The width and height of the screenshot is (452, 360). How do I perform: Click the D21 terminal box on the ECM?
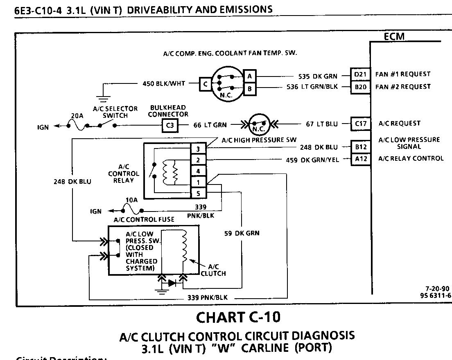(x=360, y=74)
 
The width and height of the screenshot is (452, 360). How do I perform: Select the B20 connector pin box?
(x=360, y=87)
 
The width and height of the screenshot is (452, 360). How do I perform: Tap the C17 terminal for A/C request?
(x=360, y=124)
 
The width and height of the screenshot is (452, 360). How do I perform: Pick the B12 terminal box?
(x=360, y=147)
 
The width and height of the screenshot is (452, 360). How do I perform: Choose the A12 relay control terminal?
(x=360, y=159)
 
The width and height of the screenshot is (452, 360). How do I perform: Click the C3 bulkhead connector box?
(x=170, y=126)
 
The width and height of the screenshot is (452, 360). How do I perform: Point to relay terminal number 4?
(x=198, y=171)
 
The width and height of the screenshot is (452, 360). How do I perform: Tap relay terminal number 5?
(x=198, y=193)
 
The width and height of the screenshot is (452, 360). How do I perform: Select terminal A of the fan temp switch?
(x=249, y=76)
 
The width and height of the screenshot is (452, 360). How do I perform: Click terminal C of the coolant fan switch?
(x=206, y=84)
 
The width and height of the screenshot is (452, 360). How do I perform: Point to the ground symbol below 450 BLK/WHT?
(x=101, y=97)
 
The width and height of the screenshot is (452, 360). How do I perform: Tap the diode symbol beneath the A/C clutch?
(x=172, y=282)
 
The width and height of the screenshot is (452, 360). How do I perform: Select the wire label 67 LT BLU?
(x=322, y=124)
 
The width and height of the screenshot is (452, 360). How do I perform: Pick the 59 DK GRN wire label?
(x=242, y=233)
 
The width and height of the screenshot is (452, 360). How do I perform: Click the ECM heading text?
(x=394, y=37)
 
